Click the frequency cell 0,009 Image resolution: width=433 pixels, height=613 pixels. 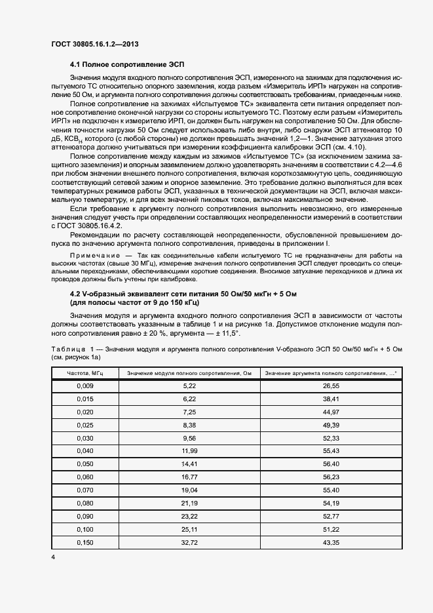85,386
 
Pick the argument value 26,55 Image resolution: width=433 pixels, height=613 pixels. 331,386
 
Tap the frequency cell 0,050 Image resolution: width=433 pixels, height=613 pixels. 85,464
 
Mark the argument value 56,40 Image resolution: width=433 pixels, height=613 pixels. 331,464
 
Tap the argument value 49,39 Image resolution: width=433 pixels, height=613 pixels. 331,425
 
